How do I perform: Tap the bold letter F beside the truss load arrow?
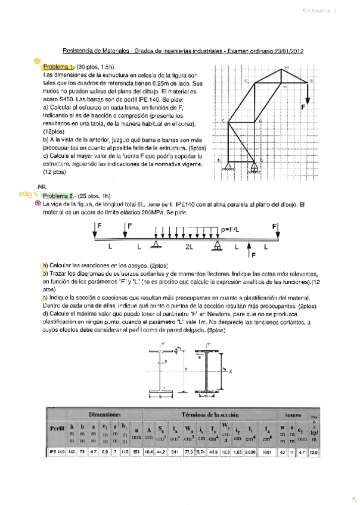pyautogui.click(x=303, y=107)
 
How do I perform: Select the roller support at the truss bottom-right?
pyautogui.click(x=255, y=168)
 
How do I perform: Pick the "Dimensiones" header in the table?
pyautogui.click(x=105, y=413)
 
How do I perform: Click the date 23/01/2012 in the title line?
pyautogui.click(x=283, y=52)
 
